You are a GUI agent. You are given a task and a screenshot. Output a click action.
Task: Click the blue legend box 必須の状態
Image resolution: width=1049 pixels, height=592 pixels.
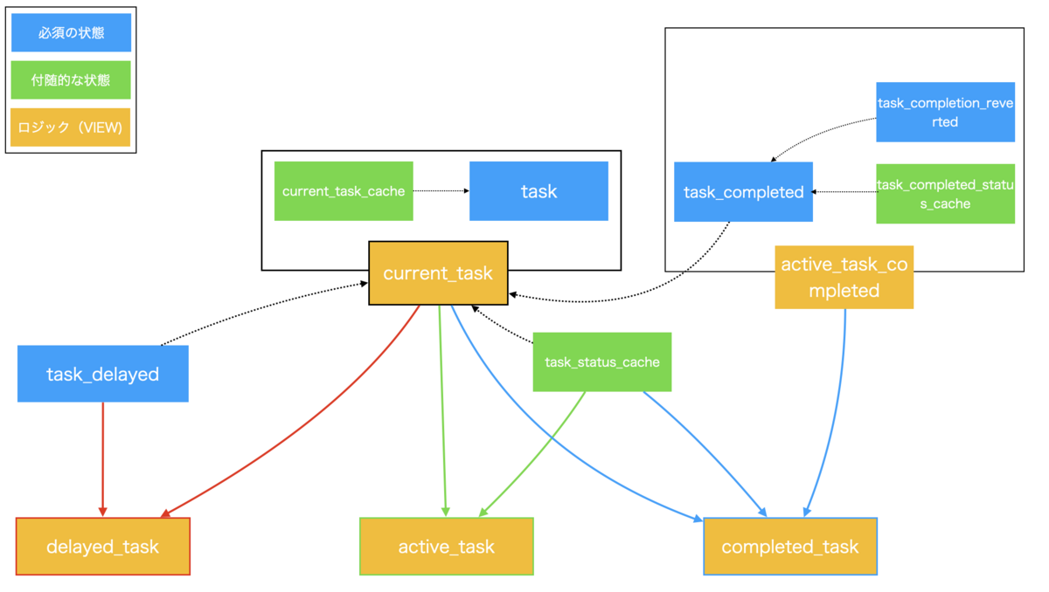(x=71, y=32)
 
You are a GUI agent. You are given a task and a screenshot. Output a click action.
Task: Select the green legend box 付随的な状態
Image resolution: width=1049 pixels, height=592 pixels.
(x=71, y=80)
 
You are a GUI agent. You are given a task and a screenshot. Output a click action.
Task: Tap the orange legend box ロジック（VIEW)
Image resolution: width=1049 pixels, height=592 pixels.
(x=70, y=127)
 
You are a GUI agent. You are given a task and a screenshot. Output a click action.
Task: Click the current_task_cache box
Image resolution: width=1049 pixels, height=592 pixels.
(x=344, y=191)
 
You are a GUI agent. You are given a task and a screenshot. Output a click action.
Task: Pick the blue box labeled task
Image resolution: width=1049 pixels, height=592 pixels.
(x=539, y=191)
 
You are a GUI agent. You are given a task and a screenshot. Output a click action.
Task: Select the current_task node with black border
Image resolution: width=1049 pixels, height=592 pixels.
(x=438, y=273)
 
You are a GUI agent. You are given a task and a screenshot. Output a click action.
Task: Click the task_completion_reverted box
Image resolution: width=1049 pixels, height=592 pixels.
(x=946, y=113)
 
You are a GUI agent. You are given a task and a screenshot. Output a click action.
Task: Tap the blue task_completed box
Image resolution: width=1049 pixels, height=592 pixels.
(x=743, y=192)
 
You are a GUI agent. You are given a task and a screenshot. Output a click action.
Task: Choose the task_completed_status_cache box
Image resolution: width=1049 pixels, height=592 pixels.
(x=946, y=194)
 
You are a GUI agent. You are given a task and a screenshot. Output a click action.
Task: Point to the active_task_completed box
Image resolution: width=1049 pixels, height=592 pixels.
(x=844, y=278)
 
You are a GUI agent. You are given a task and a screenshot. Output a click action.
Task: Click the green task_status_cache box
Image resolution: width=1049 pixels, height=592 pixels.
(x=602, y=362)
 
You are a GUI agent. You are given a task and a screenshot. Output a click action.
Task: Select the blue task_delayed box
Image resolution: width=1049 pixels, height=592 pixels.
(x=103, y=374)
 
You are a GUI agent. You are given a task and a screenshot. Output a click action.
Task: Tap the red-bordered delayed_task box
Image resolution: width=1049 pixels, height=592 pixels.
(x=103, y=547)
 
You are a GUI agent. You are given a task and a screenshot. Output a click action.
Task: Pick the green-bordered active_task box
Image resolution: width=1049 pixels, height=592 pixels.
(x=447, y=547)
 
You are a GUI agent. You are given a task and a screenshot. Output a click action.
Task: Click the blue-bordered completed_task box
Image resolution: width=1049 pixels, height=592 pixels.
(x=790, y=547)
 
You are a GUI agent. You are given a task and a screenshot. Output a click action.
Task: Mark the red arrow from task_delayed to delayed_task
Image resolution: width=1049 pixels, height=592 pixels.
(x=103, y=459)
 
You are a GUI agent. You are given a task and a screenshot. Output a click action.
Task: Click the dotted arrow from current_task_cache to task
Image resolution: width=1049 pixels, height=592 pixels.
(x=441, y=191)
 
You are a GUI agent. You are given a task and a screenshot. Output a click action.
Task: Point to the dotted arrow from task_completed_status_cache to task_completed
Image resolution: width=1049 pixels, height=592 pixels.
(x=844, y=192)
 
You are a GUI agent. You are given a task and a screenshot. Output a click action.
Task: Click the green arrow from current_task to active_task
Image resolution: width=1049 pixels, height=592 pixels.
(x=442, y=411)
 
